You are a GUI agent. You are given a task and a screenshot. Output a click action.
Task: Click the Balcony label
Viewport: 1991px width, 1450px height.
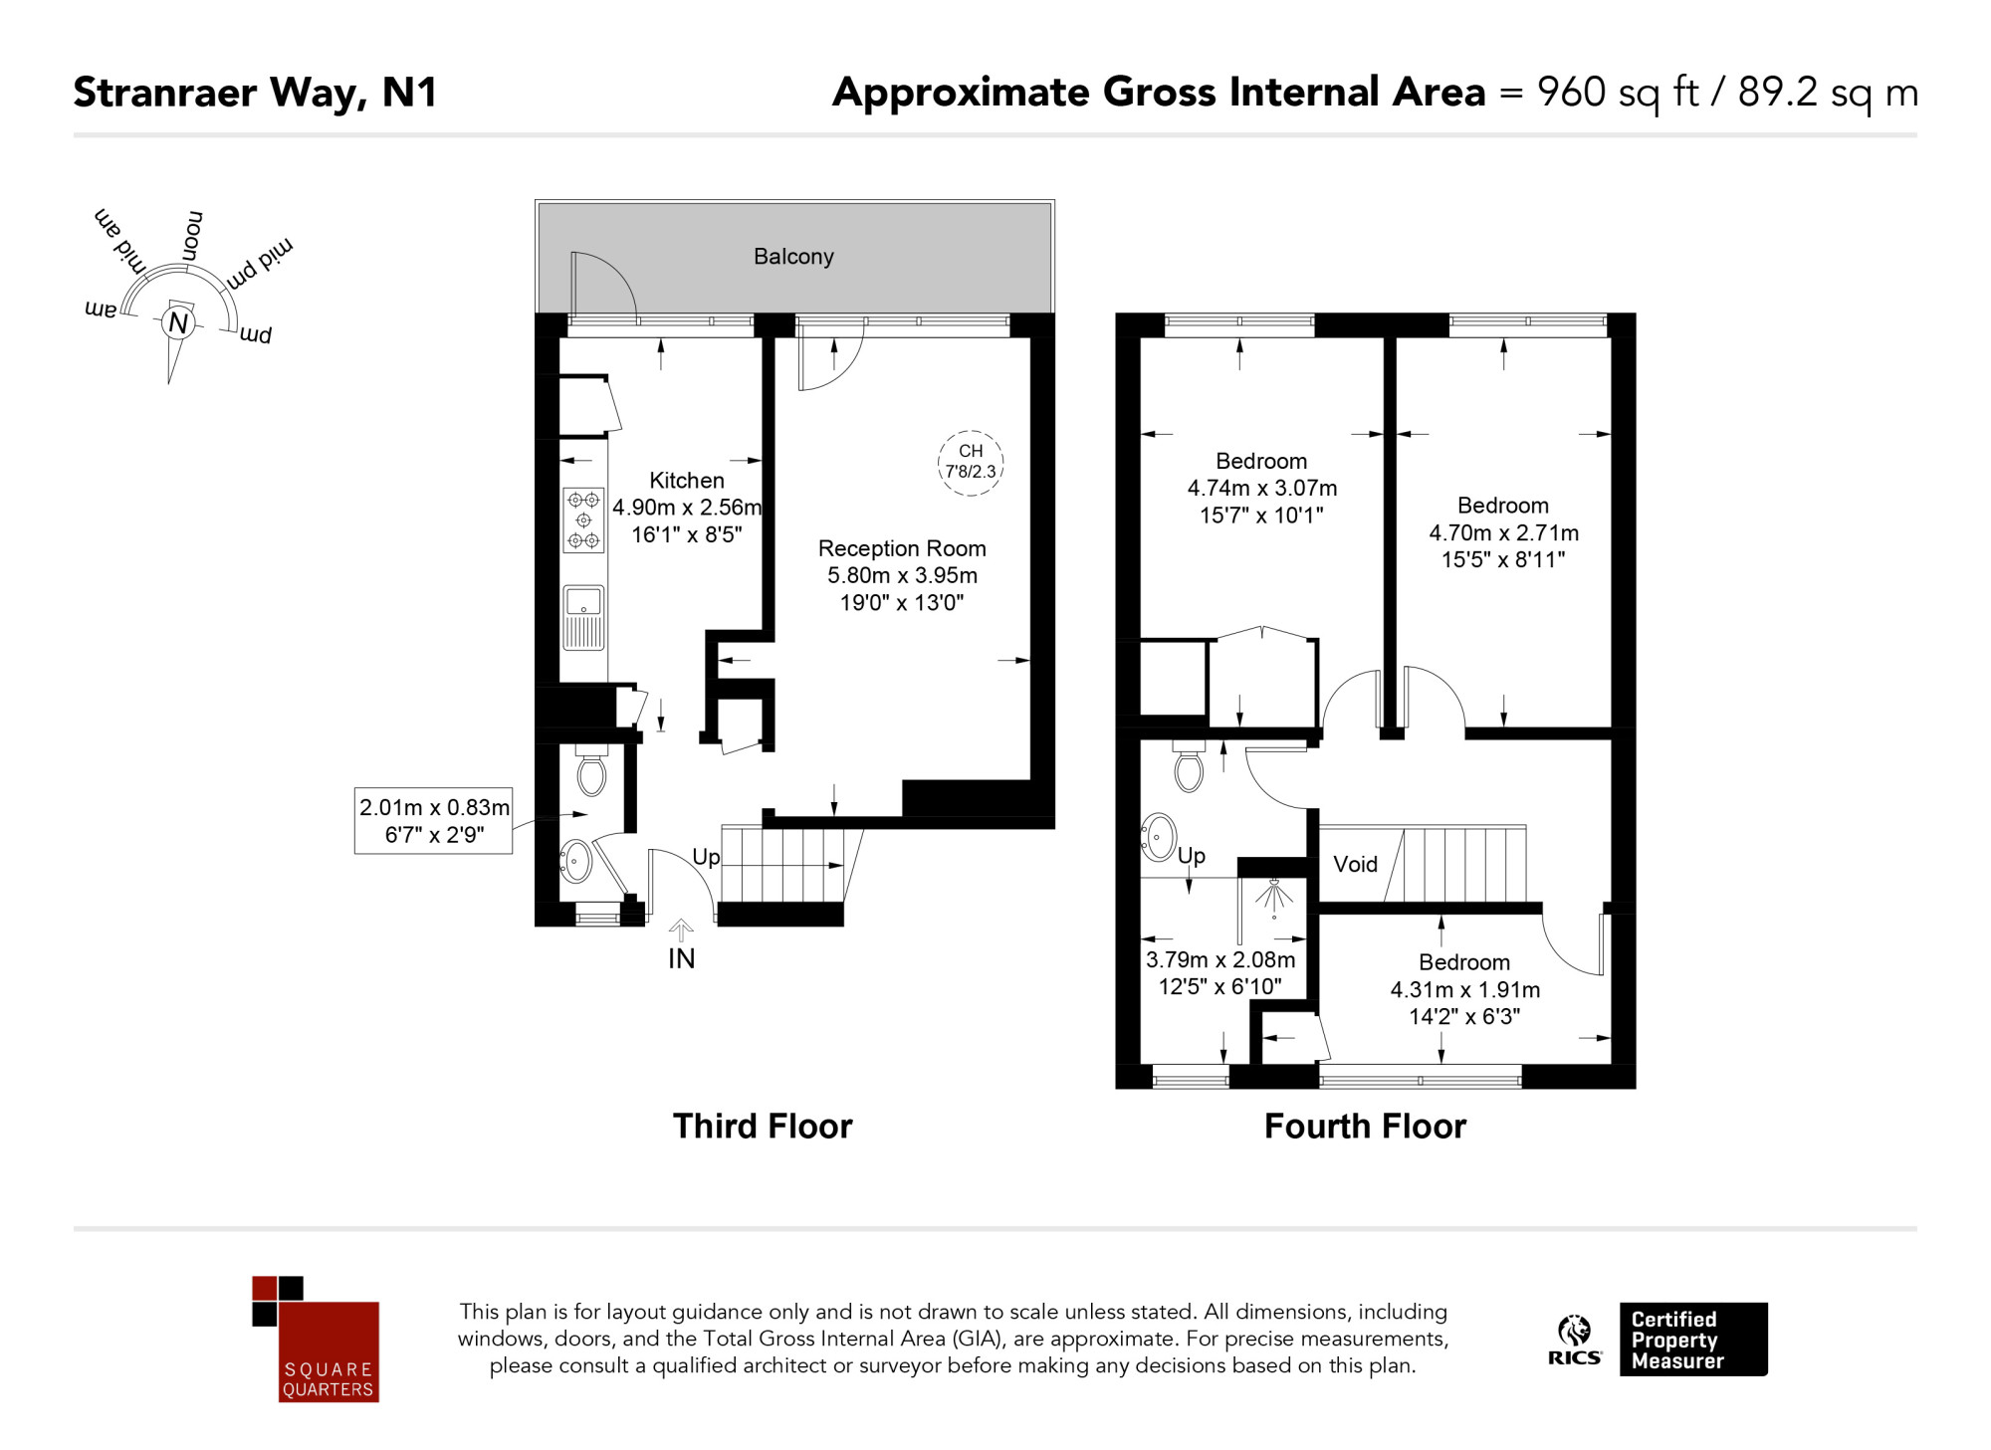(793, 257)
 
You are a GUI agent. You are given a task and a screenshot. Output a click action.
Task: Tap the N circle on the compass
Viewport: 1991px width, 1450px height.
(178, 322)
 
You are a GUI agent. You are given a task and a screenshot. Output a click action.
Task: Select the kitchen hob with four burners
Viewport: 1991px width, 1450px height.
(583, 519)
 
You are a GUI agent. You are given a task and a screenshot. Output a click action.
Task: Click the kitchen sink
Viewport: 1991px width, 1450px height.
(583, 617)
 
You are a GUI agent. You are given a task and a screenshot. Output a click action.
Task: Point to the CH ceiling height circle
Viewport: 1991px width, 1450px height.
(971, 462)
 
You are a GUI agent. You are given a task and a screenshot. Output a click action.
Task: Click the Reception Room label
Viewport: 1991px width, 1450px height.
(902, 548)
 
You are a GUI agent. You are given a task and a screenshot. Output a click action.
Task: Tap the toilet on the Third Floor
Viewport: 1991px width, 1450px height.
(591, 771)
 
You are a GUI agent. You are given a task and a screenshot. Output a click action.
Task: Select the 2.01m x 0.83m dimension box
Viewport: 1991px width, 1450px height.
(434, 821)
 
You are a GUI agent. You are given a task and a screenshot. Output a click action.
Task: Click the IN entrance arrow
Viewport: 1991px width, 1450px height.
(681, 932)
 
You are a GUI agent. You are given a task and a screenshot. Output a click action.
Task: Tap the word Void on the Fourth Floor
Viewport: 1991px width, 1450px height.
(1355, 864)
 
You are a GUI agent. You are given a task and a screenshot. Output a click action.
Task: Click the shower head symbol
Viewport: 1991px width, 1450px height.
(1274, 896)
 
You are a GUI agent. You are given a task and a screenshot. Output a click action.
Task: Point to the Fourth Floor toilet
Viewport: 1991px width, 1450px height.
(1189, 766)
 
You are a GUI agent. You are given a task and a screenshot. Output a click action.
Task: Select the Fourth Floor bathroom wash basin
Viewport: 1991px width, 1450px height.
(1159, 837)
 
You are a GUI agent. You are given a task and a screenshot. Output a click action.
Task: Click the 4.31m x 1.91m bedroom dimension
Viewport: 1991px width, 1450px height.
(1464, 990)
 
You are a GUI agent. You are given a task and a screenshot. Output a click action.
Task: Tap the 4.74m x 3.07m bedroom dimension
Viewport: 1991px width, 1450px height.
(1262, 489)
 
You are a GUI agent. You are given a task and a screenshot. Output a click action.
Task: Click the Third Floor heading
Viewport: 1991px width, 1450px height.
(763, 1127)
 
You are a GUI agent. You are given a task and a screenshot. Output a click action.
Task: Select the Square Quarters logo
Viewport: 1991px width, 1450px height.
(316, 1339)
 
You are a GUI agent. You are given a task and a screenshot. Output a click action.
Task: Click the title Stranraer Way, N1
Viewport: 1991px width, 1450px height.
(255, 93)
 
